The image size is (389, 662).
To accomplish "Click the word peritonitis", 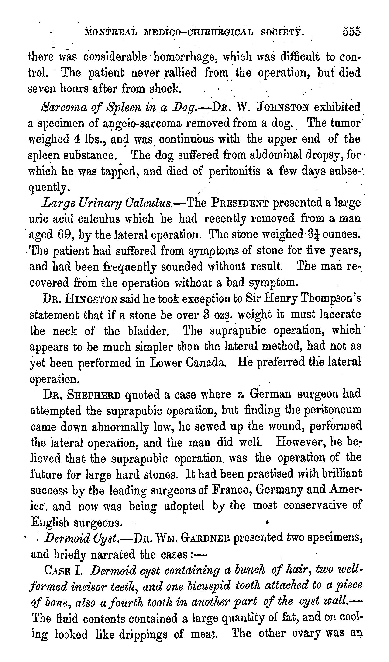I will [x=234, y=171].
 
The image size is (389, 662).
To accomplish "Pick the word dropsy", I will [x=324, y=155].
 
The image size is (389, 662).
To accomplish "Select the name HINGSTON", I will [x=90, y=299].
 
